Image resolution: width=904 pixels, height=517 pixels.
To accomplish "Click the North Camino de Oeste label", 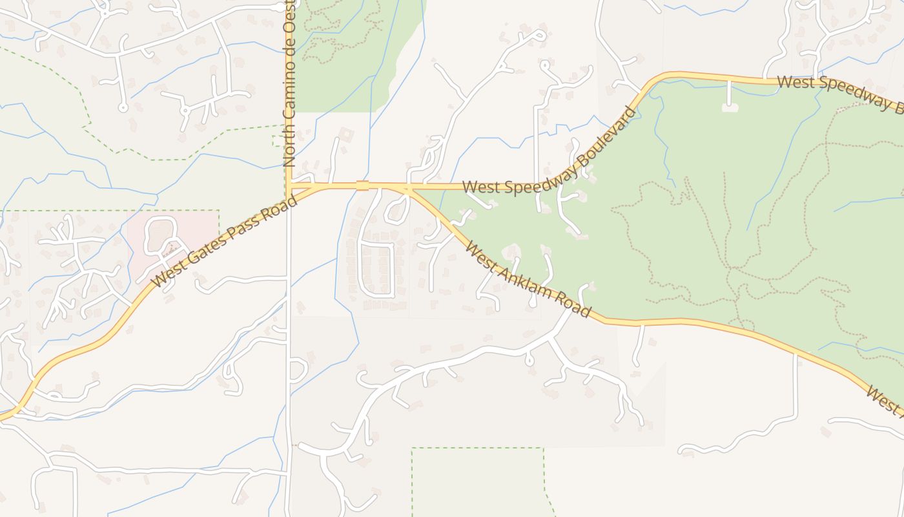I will [x=289, y=84].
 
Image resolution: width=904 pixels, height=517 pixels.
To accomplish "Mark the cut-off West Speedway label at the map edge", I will [x=839, y=92].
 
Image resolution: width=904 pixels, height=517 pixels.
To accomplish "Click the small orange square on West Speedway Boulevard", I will [x=362, y=186].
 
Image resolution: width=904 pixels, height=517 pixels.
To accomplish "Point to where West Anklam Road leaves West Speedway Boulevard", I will [x=409, y=188].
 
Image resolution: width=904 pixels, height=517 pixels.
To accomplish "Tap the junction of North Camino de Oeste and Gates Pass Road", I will [x=289, y=187].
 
